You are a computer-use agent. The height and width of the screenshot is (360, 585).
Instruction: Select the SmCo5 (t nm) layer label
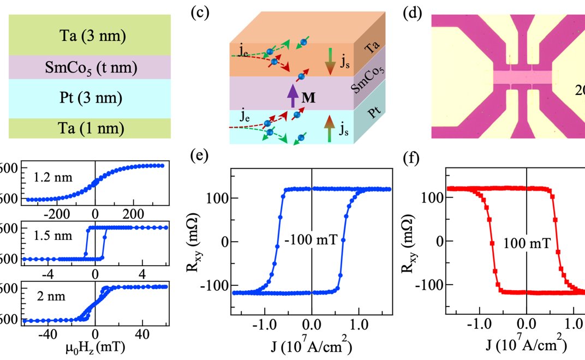[90, 69]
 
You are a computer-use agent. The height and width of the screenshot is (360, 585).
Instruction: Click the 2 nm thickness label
[40, 297]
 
